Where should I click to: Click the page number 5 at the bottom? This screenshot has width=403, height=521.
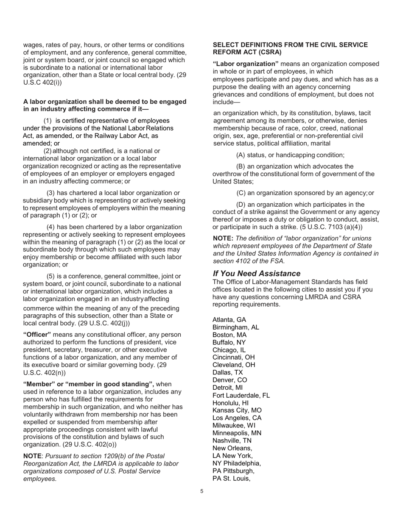(202, 491)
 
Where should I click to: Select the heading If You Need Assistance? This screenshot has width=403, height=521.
(256, 274)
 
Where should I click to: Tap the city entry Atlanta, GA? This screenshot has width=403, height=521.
(229, 320)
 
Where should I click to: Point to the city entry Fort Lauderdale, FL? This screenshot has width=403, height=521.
(241, 395)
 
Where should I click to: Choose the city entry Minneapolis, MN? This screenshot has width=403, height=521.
(237, 433)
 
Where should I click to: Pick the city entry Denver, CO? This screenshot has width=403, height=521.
(229, 380)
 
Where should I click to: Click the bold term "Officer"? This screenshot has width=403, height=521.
(37, 335)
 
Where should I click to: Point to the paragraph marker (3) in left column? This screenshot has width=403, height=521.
(50, 193)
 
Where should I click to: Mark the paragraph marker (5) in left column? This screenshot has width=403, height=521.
(50, 276)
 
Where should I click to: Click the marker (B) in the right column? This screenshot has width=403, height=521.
(240, 166)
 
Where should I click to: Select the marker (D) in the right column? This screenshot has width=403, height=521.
(241, 205)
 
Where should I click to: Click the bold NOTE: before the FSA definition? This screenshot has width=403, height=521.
(223, 238)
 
